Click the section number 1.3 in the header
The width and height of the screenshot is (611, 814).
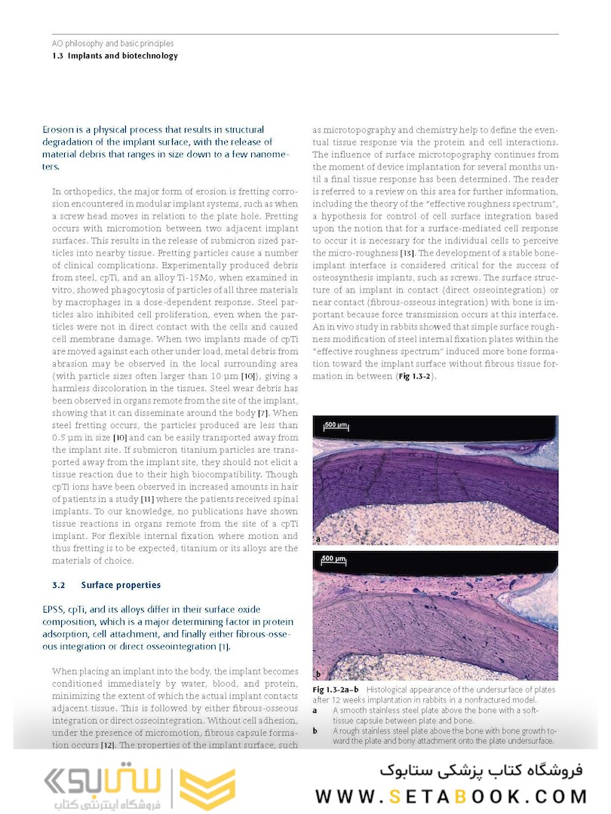pos(58,56)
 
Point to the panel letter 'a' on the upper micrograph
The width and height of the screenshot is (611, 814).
pos(318,539)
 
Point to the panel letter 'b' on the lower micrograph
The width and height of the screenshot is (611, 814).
pos(319,673)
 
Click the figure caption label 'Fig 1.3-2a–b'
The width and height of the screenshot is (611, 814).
pos(336,690)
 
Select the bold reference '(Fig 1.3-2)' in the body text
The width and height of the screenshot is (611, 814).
pos(415,375)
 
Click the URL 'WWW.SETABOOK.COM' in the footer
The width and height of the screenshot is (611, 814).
pos(451,797)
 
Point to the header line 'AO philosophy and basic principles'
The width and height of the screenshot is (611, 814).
pos(112,44)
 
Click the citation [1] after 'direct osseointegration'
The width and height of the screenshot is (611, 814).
pos(224,647)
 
